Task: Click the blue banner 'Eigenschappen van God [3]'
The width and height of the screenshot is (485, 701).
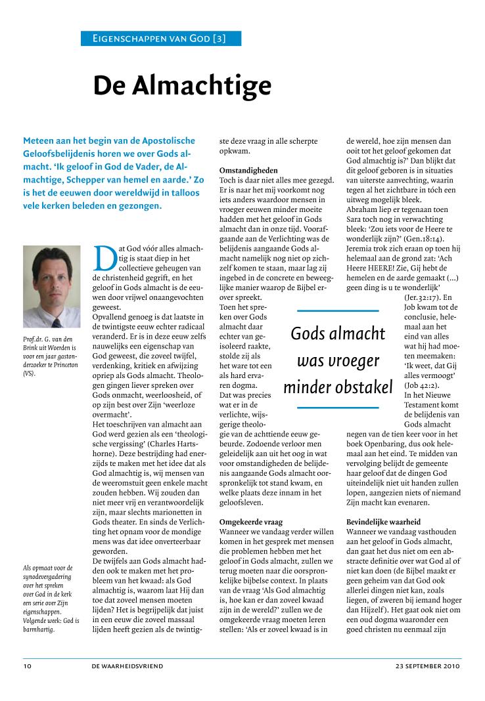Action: (160, 38)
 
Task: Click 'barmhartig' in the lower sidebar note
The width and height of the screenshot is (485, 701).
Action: (40, 629)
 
